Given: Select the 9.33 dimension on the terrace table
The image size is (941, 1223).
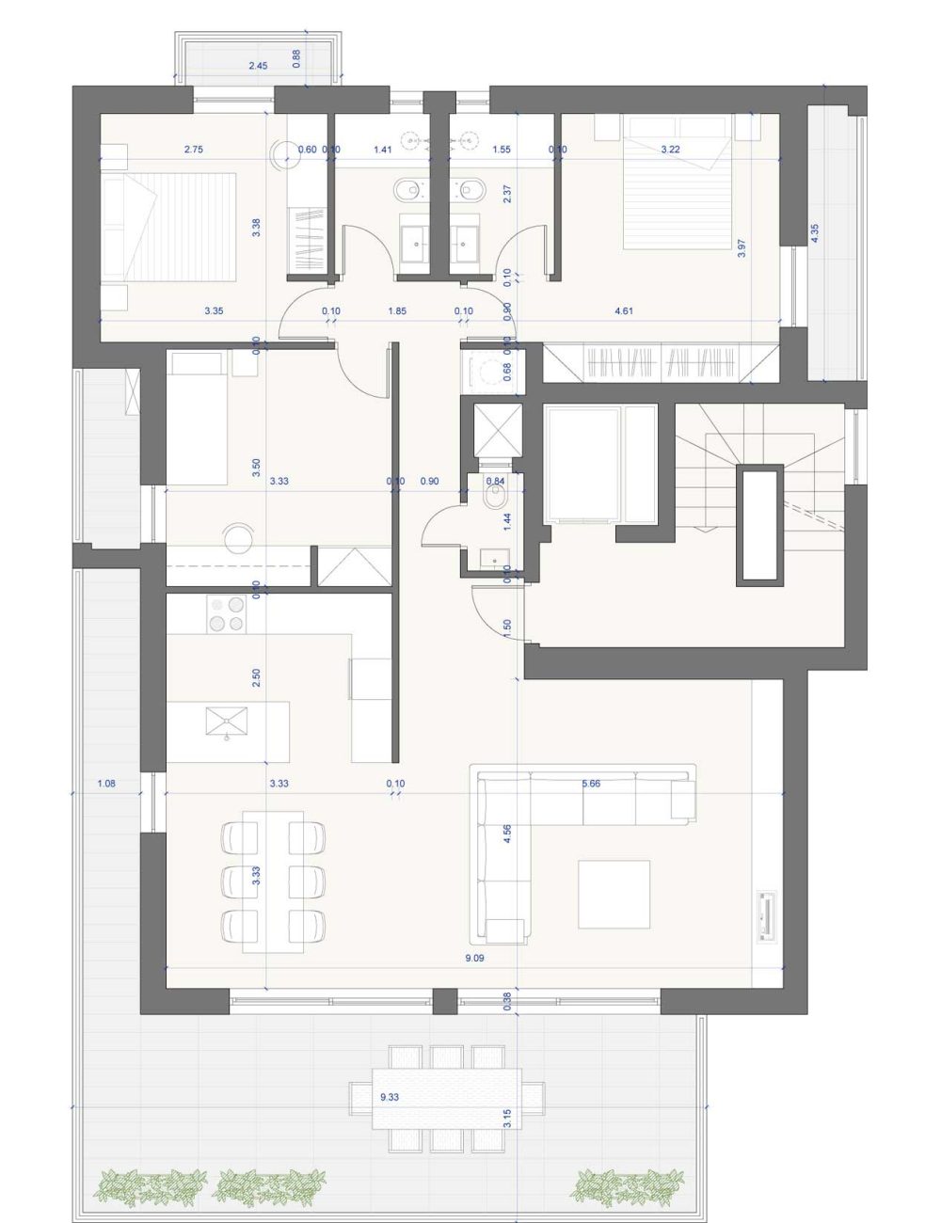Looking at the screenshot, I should pos(389,1097).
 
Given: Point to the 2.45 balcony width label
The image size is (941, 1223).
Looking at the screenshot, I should pos(259,66).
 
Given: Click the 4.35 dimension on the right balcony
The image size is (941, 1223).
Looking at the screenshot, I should pos(815,233).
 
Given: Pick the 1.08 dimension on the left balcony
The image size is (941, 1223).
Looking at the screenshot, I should pos(106,783).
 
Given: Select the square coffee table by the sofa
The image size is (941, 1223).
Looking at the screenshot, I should pos(614,894).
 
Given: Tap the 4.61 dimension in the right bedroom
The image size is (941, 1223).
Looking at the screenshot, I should pos(623,310).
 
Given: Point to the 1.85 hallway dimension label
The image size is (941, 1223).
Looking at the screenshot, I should pos(397,310).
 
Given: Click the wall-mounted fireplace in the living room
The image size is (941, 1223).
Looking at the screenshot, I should pos(767,914).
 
